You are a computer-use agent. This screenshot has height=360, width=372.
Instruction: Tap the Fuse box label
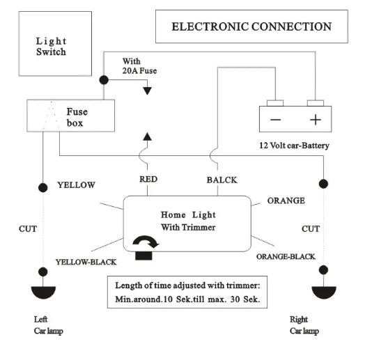pos(77,117)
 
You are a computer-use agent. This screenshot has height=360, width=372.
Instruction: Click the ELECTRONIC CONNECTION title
pos(251,26)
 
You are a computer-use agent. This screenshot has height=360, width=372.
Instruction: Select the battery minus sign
pos(275,120)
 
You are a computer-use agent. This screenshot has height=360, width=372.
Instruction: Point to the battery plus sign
pos(316,120)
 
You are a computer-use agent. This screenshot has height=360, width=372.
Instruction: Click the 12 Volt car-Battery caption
pos(294,146)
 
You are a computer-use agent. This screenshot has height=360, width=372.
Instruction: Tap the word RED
pos(148,179)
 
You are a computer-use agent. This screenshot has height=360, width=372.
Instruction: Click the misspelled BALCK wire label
pos(222,180)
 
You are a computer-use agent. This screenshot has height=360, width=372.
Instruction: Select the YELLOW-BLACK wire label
pos(86,262)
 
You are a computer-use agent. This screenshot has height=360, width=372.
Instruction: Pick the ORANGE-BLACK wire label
pos(286,257)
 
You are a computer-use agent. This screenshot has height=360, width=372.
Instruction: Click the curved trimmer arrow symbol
pos(145,241)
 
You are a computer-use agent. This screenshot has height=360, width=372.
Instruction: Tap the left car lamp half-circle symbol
pos(43,292)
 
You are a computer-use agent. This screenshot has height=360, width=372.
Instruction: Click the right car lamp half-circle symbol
pos(324,292)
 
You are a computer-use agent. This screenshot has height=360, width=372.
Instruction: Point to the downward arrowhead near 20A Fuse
pos(147,91)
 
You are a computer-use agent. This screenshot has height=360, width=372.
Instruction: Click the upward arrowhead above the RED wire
pos(147,136)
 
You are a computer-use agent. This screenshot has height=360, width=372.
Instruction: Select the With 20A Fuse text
pos(139,66)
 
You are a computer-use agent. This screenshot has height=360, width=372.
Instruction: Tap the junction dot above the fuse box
pos(104,80)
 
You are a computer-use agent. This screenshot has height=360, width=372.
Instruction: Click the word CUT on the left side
pos(28,229)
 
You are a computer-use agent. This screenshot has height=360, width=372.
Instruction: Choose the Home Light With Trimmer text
pos(188,221)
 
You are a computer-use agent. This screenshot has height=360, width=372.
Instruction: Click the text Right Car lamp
pos(304,325)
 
